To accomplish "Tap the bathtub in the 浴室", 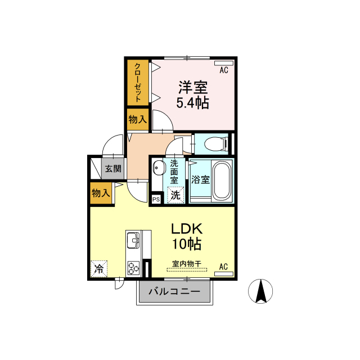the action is point(222,181).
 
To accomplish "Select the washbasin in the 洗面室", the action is point(159,168).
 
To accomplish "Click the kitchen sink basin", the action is point(133,240).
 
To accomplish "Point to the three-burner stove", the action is point(133,268).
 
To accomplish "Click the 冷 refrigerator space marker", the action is point(99,269).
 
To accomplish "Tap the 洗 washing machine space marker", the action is point(175,195).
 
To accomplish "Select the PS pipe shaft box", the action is point(156,199).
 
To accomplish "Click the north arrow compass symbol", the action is point(260,291).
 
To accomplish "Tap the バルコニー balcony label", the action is point(174,291).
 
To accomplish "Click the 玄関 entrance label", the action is point(113,169).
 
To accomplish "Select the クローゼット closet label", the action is point(137,83).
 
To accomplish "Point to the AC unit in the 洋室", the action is point(224,63).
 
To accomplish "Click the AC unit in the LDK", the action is point(224,274).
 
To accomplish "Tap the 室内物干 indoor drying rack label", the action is point(187,264).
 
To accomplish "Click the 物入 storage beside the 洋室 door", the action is point(137,119).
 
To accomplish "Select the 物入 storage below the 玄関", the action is point(101,193).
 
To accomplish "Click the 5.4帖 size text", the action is point(192,103).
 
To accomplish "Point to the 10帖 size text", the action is point(187,244).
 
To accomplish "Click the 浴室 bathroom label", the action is point(200,179).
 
